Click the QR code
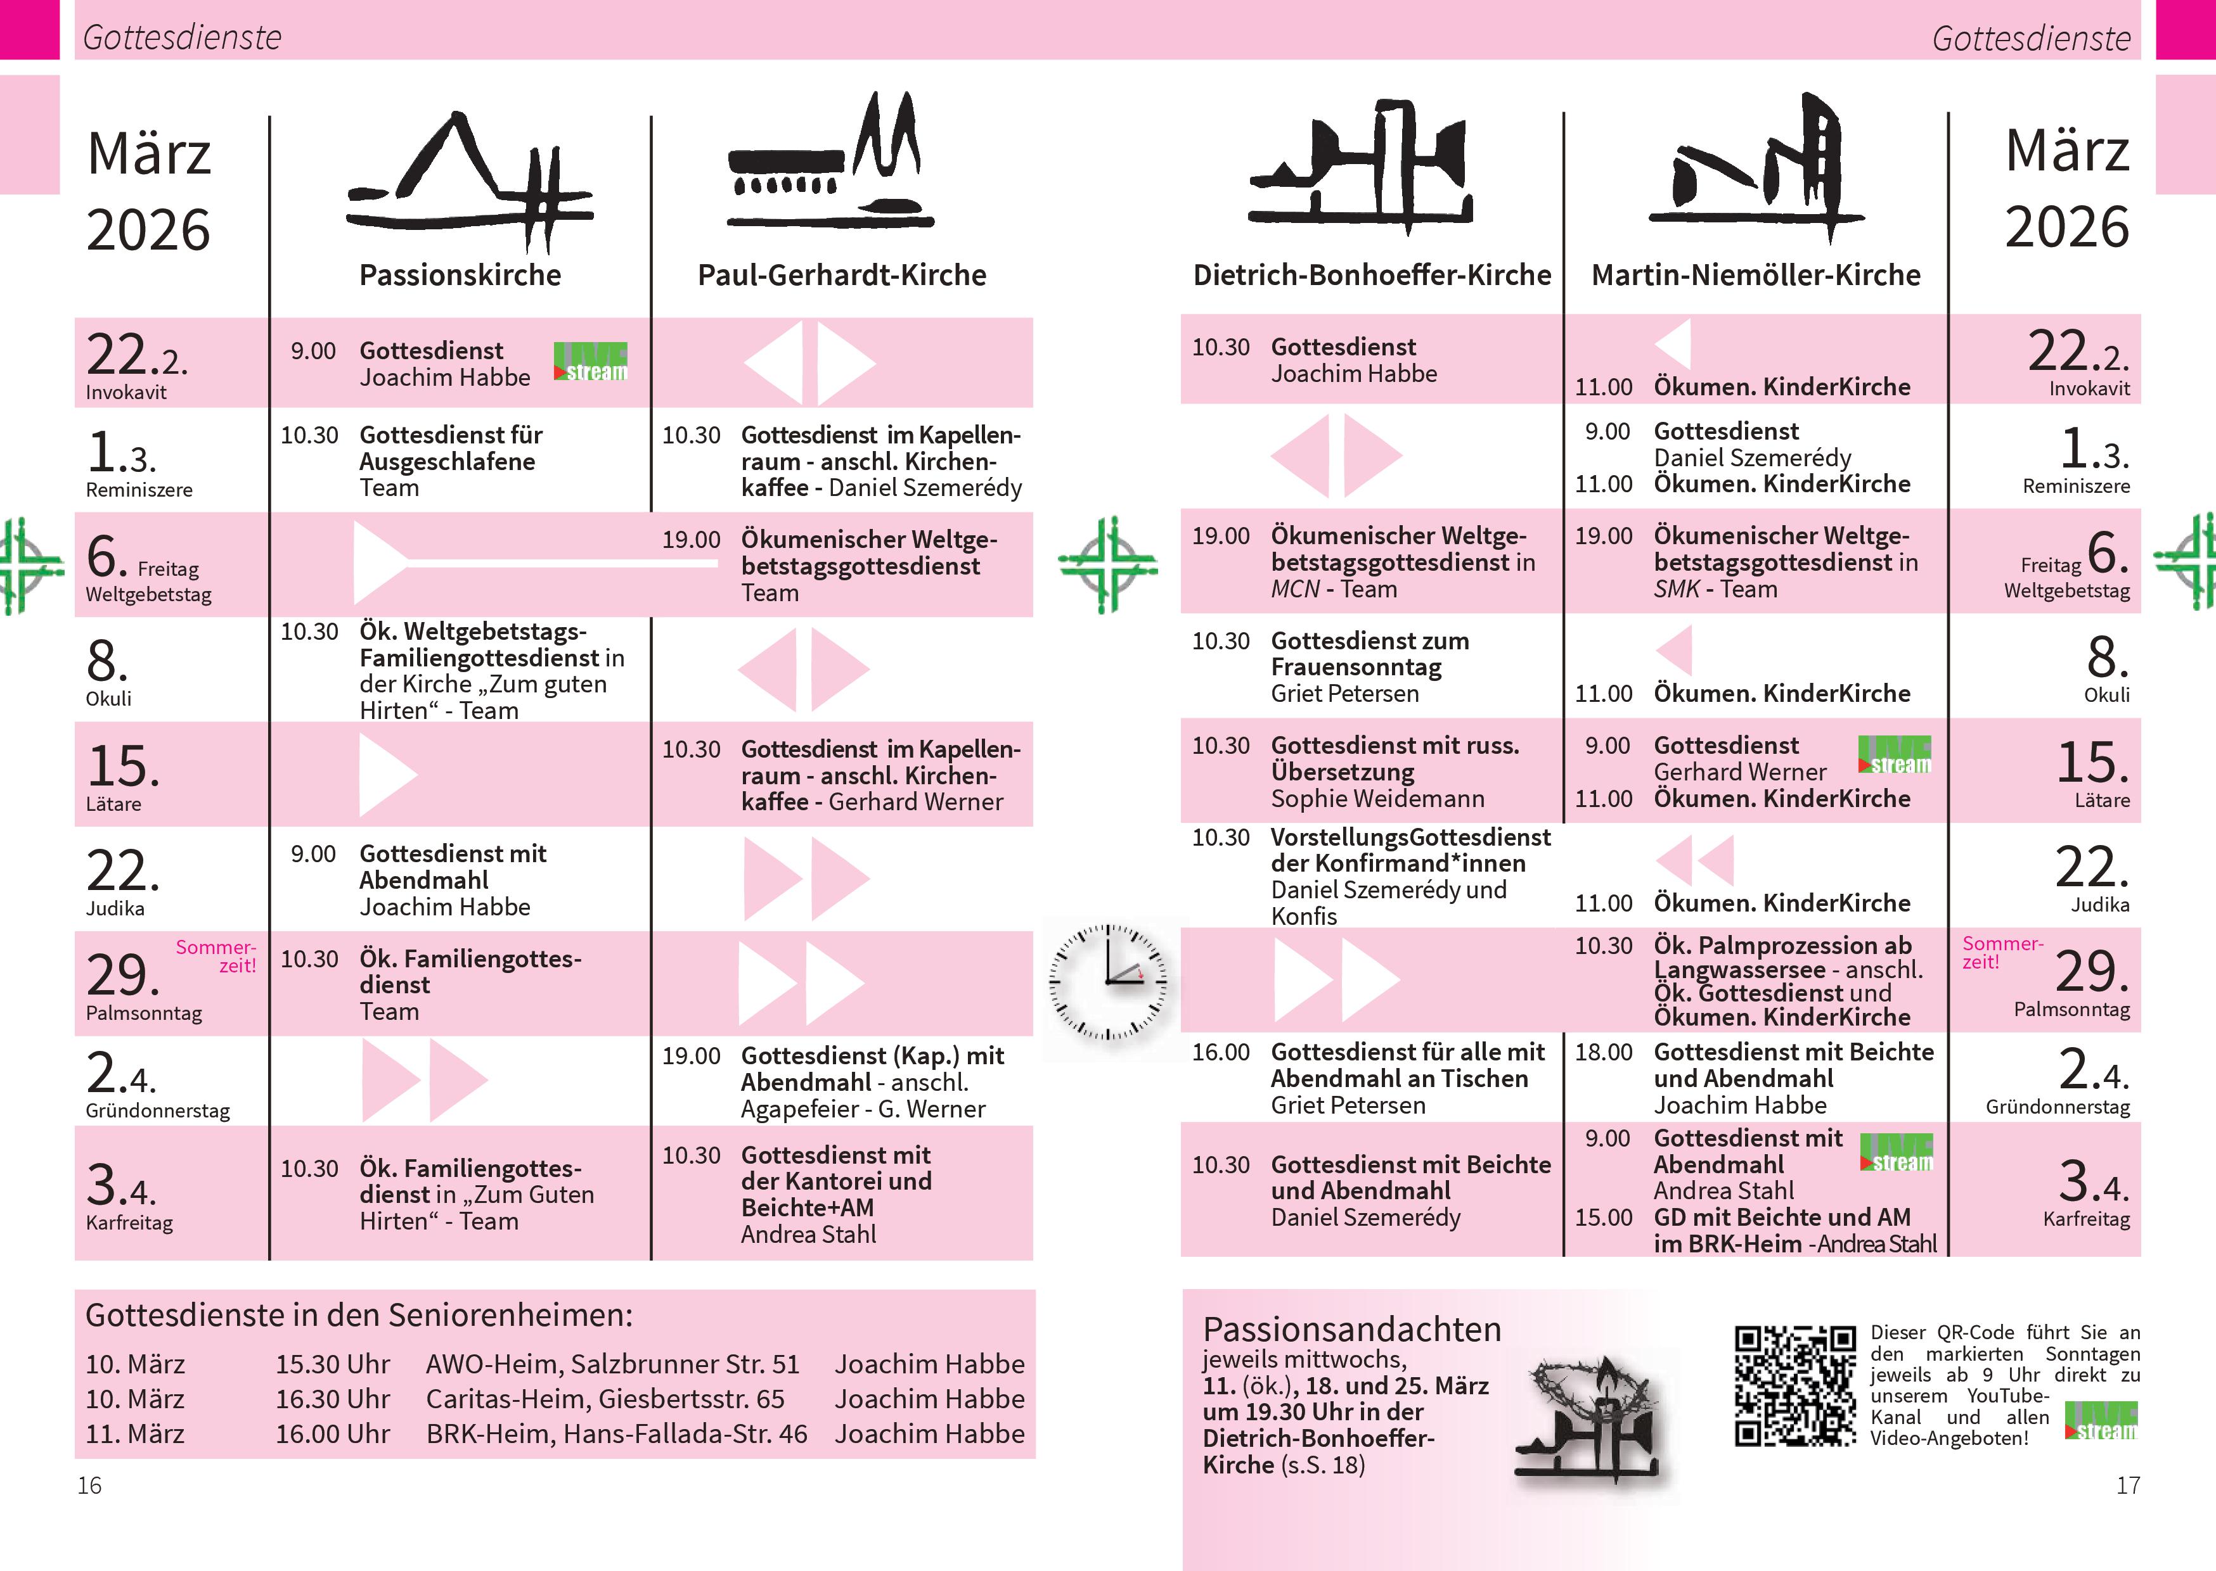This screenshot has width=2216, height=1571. (1795, 1385)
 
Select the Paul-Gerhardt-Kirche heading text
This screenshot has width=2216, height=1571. (842, 276)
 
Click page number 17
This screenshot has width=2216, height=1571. (2128, 1485)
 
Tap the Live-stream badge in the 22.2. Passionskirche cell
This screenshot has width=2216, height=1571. (590, 362)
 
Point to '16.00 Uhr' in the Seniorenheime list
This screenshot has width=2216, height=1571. (332, 1434)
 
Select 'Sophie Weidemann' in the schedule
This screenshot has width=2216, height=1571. (1377, 799)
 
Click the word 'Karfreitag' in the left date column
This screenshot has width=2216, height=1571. (130, 1223)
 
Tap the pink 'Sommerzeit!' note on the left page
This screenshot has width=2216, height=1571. (216, 956)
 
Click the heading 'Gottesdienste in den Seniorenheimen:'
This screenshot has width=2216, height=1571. (359, 1316)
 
